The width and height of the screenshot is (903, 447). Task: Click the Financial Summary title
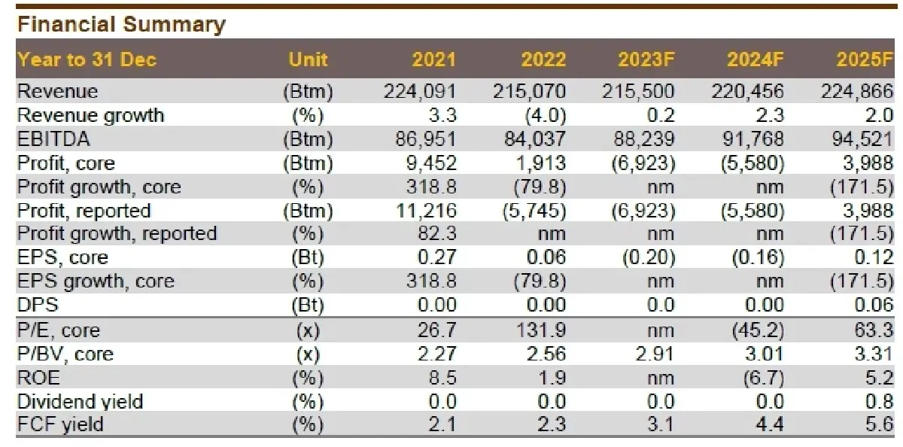(x=121, y=24)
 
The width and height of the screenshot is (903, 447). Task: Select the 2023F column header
(x=645, y=60)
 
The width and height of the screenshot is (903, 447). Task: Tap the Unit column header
(x=308, y=60)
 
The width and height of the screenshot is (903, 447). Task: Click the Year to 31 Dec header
(x=87, y=60)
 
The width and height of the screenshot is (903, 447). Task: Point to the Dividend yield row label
(x=80, y=401)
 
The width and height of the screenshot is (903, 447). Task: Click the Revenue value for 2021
(x=420, y=92)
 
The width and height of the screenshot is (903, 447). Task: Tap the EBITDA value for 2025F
(x=856, y=139)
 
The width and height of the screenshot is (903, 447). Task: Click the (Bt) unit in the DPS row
(x=308, y=305)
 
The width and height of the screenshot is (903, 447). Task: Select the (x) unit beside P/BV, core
(x=308, y=354)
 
